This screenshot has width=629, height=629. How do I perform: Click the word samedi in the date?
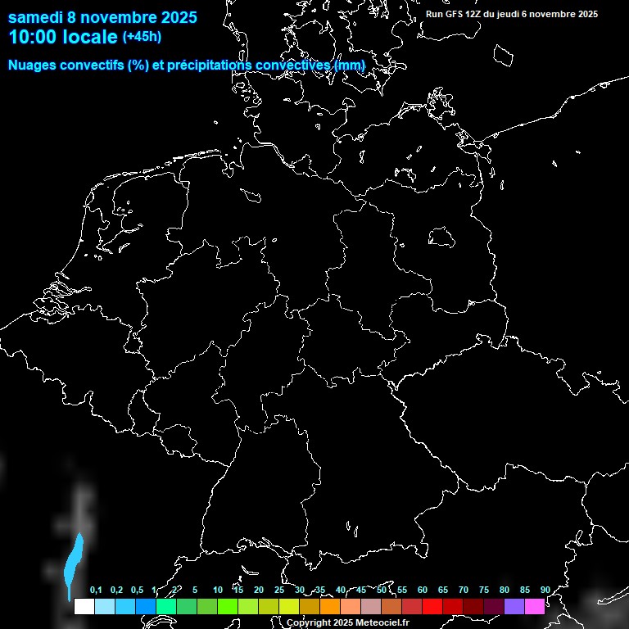37,17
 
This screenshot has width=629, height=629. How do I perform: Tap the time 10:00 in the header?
30,38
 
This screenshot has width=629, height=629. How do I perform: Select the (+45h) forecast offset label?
142,37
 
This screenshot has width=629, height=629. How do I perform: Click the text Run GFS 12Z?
454,14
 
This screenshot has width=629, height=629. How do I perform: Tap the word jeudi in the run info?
514,14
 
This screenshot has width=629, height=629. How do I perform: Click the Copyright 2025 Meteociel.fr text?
347,623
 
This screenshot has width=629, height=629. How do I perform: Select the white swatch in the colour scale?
84,607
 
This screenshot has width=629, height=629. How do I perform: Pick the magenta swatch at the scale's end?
534,607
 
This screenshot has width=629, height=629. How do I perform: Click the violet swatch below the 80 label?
514,607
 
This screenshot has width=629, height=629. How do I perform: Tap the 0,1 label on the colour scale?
96,591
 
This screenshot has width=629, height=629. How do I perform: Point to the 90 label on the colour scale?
545,591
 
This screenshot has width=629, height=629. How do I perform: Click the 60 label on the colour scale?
422,591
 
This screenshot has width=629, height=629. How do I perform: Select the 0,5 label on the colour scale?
137,591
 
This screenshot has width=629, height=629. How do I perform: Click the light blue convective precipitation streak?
75,561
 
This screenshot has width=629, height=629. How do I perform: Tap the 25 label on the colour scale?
278,591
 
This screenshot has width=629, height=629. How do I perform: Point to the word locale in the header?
90,38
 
